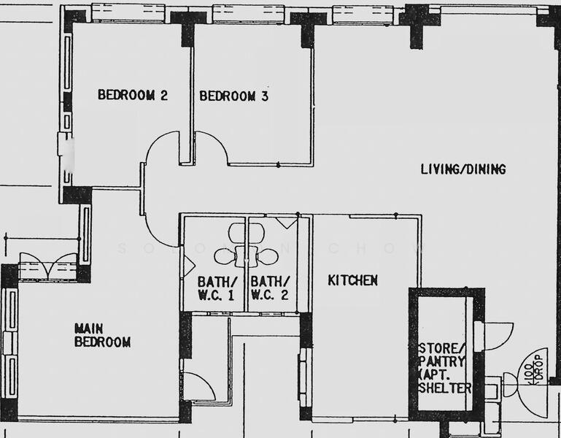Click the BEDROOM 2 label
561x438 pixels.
pyautogui.click(x=134, y=95)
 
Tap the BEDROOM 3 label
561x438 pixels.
pyautogui.click(x=228, y=96)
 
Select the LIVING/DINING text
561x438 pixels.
pyautogui.click(x=463, y=169)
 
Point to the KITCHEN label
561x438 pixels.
pyautogui.click(x=352, y=280)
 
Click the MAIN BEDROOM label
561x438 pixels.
pyautogui.click(x=101, y=335)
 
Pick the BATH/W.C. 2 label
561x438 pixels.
pyautogui.click(x=270, y=288)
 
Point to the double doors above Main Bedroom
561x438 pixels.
pyautogui.click(x=48, y=265)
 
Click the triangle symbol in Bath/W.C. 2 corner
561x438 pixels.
pyautogui.click(x=286, y=222)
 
